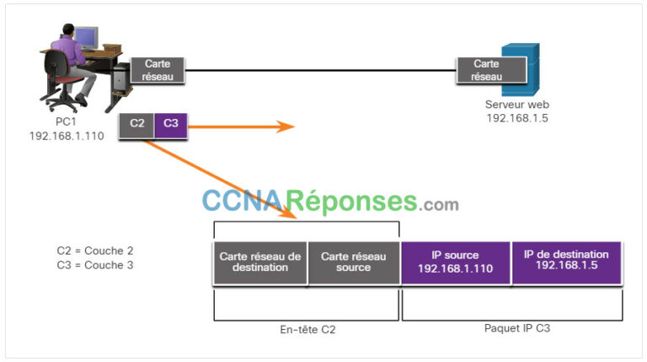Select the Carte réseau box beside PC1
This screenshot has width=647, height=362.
click(158, 70)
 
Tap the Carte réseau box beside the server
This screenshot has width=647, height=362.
click(486, 70)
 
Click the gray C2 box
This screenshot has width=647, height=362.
click(136, 124)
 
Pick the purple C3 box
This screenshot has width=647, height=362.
click(171, 124)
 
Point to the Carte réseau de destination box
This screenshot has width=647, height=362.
click(260, 262)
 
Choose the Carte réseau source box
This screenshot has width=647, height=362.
click(353, 262)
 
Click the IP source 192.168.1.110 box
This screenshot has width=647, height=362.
click(456, 262)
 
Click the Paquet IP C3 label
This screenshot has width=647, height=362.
click(514, 328)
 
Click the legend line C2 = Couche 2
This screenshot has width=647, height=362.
click(95, 251)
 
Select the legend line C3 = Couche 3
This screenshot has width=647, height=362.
click(95, 264)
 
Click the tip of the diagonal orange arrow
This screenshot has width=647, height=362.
click(297, 219)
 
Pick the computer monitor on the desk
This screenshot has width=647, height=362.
click(87, 36)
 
